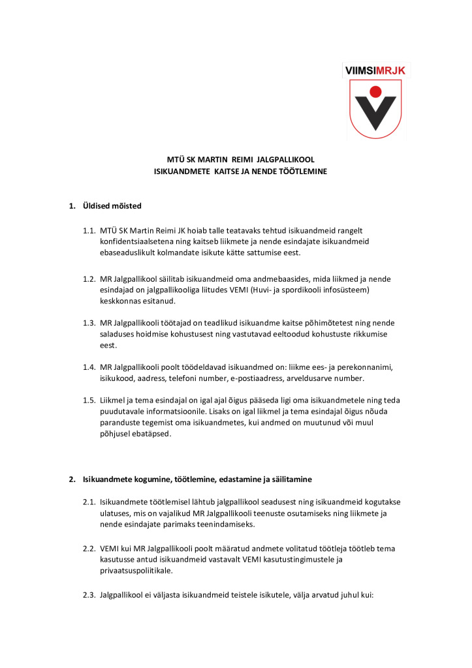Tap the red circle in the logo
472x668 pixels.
[x=375, y=91]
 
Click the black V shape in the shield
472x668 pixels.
[x=375, y=112]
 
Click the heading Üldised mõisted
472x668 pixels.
[x=112, y=207]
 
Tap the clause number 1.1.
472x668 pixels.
[x=89, y=230]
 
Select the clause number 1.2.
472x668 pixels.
[x=89, y=279]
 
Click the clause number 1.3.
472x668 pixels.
[x=89, y=323]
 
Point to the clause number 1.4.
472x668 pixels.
[x=89, y=367]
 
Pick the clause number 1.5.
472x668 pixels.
[x=89, y=400]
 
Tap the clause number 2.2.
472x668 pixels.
[x=89, y=549]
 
